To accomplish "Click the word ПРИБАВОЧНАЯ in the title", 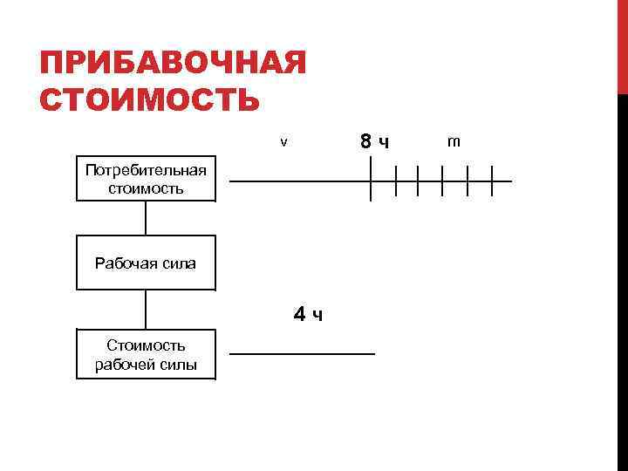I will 174,64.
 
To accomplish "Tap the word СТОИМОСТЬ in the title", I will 150,99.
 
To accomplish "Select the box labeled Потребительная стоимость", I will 146,179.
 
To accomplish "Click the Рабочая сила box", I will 146,262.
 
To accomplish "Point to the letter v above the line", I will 283,142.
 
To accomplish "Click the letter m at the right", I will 454,140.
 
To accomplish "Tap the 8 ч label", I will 374,141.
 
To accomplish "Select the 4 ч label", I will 308,314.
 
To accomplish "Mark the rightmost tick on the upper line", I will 492,181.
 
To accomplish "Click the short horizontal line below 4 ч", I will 302,353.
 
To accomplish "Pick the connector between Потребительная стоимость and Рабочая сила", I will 146,218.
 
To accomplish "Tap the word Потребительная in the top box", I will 146,170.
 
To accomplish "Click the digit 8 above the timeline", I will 367,140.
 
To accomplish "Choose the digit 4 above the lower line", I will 299,313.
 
